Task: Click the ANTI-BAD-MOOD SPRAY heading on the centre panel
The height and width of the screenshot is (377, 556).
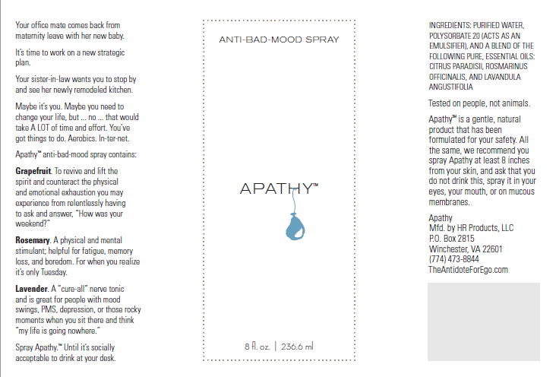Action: tap(278, 39)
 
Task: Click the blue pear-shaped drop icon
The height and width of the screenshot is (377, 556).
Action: tap(294, 226)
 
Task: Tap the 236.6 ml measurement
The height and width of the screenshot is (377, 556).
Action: tap(298, 347)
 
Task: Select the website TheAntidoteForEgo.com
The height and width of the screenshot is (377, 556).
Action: tap(468, 270)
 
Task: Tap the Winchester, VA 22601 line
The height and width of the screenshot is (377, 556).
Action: tap(465, 249)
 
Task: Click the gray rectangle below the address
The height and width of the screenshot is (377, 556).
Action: tap(483, 321)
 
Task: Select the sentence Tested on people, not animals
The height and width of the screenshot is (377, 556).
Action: tap(479, 103)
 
